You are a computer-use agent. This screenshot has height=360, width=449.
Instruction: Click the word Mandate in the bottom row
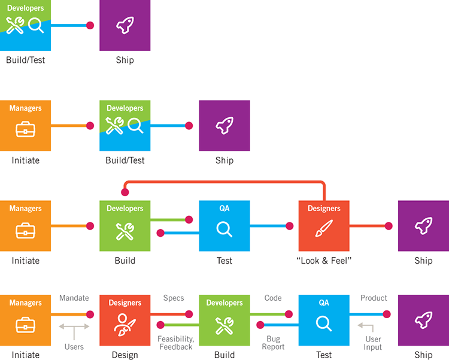click(74, 298)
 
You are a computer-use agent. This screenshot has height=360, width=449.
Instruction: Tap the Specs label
click(174, 298)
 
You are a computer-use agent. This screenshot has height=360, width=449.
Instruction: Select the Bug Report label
click(273, 343)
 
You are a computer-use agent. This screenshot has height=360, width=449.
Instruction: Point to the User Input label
click(373, 343)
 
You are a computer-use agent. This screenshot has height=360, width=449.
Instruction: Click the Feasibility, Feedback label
click(176, 343)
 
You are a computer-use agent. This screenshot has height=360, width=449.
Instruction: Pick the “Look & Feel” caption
click(324, 261)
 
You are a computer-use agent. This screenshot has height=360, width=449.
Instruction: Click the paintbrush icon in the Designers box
click(324, 228)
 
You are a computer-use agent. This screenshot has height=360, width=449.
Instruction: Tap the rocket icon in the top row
click(125, 26)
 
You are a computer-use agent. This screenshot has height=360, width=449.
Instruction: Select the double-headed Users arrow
click(74, 327)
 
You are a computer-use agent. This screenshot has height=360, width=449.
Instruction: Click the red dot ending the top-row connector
click(90, 26)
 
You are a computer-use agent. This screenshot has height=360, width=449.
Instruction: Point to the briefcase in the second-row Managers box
click(25, 129)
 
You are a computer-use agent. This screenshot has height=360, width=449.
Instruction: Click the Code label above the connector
click(273, 298)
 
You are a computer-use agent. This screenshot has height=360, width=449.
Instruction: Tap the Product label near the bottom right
click(374, 298)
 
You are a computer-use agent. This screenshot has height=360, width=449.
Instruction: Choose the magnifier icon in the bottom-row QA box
click(324, 324)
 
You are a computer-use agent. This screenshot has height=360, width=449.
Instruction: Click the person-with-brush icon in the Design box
click(125, 325)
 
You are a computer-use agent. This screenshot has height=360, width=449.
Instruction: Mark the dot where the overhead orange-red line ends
click(125, 192)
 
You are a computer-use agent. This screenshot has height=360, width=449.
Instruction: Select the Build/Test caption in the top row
click(26, 60)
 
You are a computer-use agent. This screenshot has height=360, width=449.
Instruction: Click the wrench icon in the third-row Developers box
click(125, 231)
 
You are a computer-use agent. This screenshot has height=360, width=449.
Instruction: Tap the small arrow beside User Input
click(366, 327)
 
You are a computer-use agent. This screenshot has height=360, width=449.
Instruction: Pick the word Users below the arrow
click(74, 347)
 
